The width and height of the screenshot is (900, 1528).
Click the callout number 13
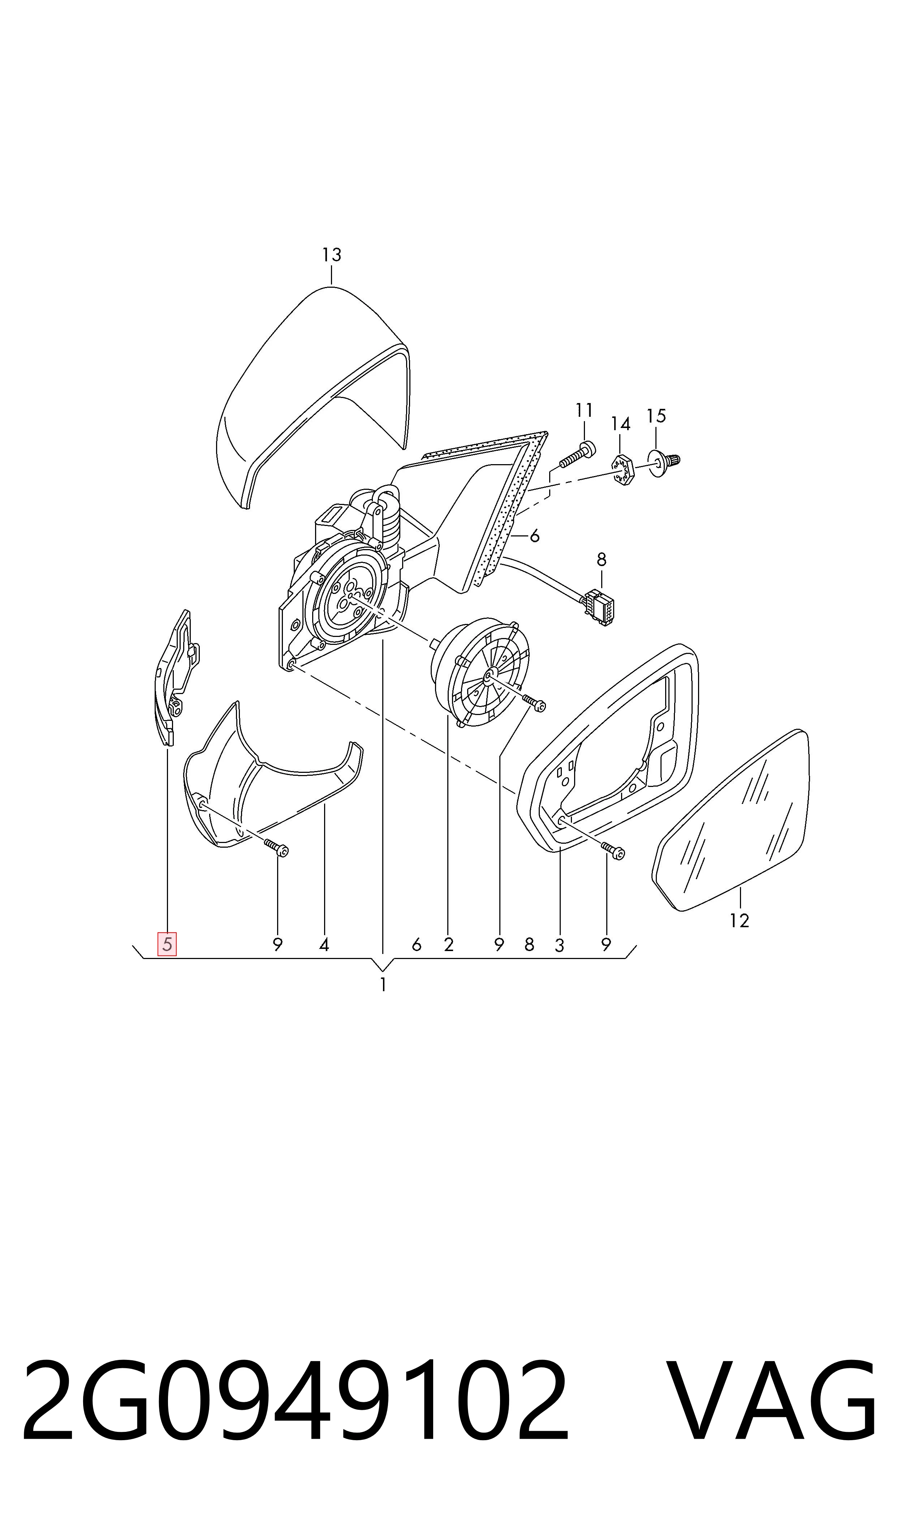(332, 255)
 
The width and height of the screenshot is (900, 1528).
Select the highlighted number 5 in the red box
(167, 944)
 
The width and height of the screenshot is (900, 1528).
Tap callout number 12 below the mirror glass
(740, 921)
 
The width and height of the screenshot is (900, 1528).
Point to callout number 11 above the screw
(584, 411)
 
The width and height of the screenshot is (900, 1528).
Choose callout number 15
(656, 416)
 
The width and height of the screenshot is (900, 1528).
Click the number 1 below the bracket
(383, 985)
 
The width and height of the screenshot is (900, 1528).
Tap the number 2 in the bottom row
(449, 945)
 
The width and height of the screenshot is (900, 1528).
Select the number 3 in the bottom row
(559, 945)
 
